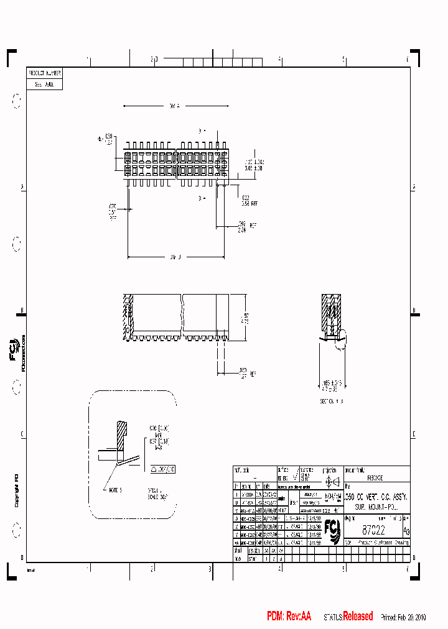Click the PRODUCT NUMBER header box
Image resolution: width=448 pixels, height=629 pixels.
pos(45,73)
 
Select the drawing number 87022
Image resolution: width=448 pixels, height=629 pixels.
pos(373,530)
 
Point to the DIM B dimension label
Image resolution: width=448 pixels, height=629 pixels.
pos(175,256)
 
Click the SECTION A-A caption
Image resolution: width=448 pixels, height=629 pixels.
pos(332,402)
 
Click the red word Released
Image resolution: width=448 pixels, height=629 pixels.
pos(358,617)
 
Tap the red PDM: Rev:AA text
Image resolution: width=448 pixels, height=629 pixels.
pos(289,617)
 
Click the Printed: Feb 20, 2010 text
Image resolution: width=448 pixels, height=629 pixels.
pos(404,617)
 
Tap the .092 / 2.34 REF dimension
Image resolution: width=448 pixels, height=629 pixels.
pos(243,227)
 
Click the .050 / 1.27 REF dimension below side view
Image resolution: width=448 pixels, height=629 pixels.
pos(243,373)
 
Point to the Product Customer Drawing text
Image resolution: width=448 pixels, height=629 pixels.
pos(383,542)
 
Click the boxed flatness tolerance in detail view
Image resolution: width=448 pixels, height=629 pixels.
pos(164,469)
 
